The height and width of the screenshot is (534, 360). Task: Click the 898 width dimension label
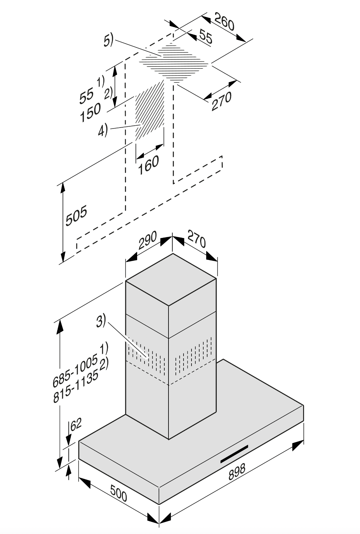point(237,472)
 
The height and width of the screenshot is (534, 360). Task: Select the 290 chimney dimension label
point(147,241)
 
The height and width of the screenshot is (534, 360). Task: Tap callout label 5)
point(108,41)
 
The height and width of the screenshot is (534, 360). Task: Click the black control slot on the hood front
point(234,454)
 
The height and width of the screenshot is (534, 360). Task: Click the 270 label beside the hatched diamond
point(221,101)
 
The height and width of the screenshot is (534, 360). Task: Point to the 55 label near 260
point(205,36)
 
